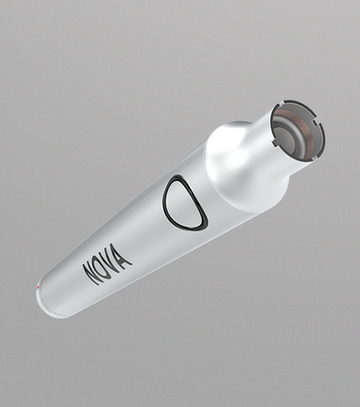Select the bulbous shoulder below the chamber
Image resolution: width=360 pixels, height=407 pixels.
pyautogui.click(x=238, y=160)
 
